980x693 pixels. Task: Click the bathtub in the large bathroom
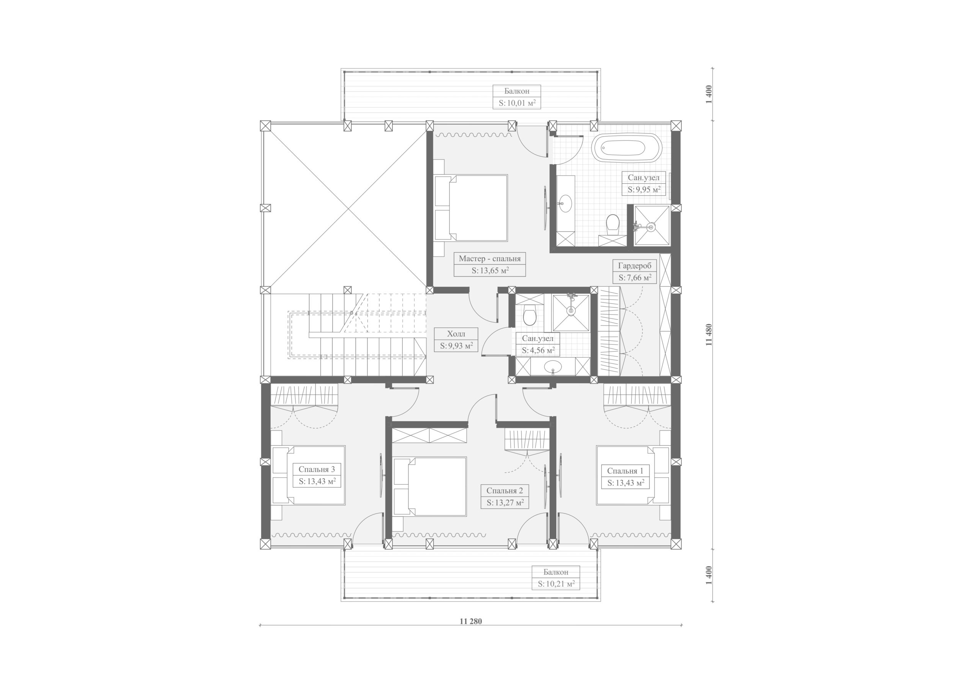[x=626, y=148]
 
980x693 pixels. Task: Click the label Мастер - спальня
[x=490, y=258]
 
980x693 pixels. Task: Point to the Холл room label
[x=456, y=334]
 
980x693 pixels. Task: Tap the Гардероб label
[x=635, y=266]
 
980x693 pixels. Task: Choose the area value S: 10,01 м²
[x=517, y=103]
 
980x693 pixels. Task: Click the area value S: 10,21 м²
[x=556, y=584]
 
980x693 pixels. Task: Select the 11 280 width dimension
[x=471, y=621]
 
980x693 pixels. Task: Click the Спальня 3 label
[x=317, y=469]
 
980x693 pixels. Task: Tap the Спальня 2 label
[x=505, y=490]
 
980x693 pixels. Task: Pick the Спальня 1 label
[x=625, y=471]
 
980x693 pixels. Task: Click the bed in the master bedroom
[x=471, y=208]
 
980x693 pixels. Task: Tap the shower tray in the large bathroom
[x=651, y=226]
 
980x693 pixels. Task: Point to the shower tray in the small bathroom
[x=571, y=312]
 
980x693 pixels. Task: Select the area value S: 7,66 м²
[x=635, y=278]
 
